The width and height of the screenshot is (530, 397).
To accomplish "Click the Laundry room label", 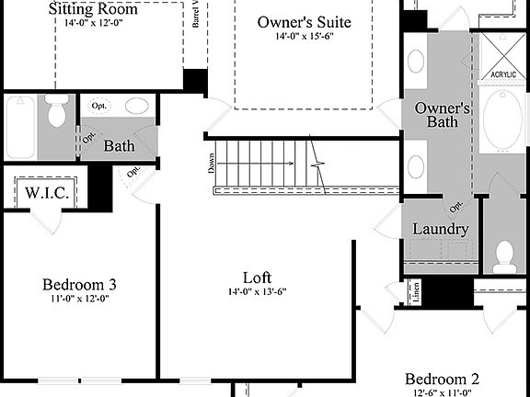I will click(x=441, y=229).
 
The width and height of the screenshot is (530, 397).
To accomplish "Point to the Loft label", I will click(x=257, y=278).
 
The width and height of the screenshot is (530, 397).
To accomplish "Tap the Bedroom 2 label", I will click(x=443, y=379).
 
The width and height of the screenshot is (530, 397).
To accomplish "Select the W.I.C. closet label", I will click(x=43, y=194).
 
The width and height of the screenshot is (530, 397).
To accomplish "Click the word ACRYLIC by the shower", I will click(x=502, y=74).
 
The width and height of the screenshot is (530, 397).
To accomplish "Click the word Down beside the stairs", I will click(x=211, y=164).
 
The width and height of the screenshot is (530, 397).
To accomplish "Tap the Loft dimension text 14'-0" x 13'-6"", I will click(x=257, y=292).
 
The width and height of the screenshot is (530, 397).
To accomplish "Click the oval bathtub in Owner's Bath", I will click(x=502, y=120).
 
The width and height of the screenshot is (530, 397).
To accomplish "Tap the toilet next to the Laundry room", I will click(x=504, y=256).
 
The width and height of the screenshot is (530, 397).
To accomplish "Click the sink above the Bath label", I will click(x=137, y=106).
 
